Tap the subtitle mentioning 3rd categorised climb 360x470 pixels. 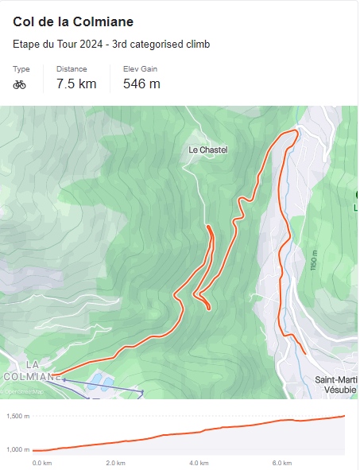[x=111, y=44]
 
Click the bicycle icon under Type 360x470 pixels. [x=20, y=84]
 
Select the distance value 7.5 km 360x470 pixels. [x=76, y=84]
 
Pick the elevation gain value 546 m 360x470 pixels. [x=141, y=84]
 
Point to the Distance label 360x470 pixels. [x=72, y=69]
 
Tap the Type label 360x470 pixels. [x=21, y=69]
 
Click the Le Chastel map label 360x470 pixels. [x=208, y=150]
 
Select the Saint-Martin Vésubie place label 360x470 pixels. [x=336, y=385]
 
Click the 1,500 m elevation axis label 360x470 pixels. [x=17, y=417]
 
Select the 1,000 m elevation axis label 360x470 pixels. [x=17, y=450]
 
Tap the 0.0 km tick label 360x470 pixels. [x=41, y=463]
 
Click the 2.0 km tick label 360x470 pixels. [x=116, y=463]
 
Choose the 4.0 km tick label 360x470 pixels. [x=199, y=463]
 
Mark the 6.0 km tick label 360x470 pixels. [x=282, y=463]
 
